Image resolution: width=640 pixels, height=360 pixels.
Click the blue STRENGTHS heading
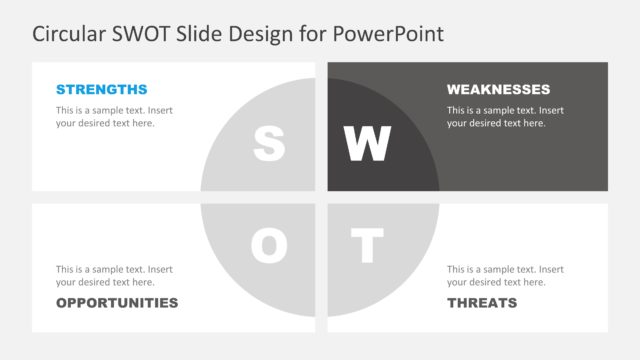(101, 89)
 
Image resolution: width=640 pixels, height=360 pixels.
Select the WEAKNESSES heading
(498, 89)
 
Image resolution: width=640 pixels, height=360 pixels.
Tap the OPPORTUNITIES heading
(117, 303)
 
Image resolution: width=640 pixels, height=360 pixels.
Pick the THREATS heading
(482, 303)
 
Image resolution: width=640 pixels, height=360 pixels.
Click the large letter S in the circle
(269, 144)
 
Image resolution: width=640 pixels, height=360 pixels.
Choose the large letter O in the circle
(269, 246)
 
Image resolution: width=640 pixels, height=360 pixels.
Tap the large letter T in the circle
(367, 246)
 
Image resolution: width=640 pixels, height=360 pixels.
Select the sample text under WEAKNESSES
(505, 117)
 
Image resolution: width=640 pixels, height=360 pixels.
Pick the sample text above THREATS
(505, 276)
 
